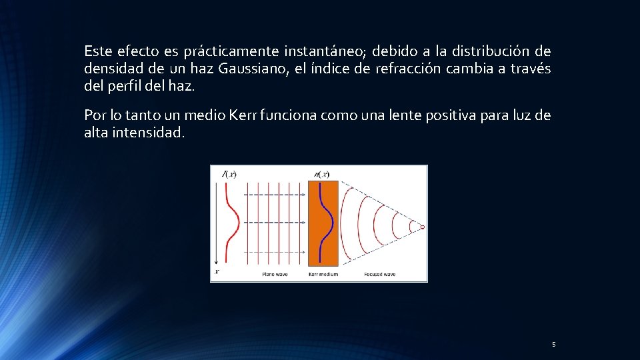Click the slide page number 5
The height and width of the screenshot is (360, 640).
click(553, 345)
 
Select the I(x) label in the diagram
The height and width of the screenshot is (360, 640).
click(228, 175)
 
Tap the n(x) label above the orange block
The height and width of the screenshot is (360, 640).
click(321, 175)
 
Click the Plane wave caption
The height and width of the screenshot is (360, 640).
click(274, 274)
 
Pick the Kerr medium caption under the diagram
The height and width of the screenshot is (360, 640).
click(323, 274)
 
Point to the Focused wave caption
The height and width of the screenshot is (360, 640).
click(379, 274)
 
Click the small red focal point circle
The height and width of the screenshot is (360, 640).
click(422, 227)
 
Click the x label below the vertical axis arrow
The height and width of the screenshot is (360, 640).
click(217, 272)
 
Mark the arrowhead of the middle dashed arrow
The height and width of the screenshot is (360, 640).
click(304, 221)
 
